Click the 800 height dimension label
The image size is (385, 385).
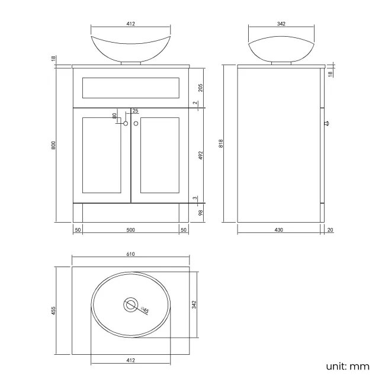point(53,145)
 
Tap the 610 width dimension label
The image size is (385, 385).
point(130,254)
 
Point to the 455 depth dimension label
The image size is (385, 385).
point(53,310)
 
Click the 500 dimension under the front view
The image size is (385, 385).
point(130,230)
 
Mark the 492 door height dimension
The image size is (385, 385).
point(201,155)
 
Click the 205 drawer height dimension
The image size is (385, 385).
point(201,88)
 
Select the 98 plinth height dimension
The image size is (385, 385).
point(201,213)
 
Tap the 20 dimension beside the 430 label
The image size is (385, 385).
point(329,230)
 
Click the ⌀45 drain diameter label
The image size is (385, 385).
point(144,309)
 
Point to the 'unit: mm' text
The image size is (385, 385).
point(348,365)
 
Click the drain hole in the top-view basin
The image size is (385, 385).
point(130,306)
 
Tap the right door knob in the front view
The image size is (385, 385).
point(136,123)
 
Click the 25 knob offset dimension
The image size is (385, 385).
point(135,111)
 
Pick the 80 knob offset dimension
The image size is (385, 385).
point(115,116)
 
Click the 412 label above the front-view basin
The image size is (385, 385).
point(130,24)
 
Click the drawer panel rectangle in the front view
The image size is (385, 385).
point(130,88)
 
